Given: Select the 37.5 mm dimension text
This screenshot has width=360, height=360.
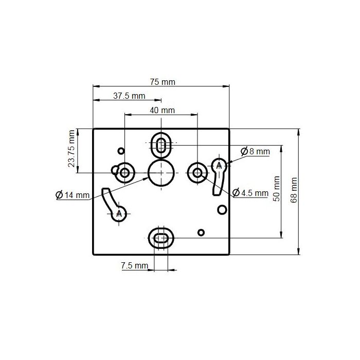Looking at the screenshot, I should coord(129,96).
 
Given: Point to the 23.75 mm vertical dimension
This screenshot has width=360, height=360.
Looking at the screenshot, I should coord(71,149).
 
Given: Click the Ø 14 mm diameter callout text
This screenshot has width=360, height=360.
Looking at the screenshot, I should coord(72,195).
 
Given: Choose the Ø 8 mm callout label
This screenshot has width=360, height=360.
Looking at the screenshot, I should coord(255,151).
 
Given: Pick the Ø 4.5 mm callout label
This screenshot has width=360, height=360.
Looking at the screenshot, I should coord(250,193).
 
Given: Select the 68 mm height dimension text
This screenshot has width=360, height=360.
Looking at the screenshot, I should coord(294,190).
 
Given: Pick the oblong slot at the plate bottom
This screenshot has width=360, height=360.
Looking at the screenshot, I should coord(161,238).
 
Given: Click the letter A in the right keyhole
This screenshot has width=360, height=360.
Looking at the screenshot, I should coord(219,166).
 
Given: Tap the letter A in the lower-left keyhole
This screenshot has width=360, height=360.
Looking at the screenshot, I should coord(120,213).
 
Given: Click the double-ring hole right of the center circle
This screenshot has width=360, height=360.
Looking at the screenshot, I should coord(197,172).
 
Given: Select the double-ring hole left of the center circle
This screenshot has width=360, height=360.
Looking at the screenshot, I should coord(125,172).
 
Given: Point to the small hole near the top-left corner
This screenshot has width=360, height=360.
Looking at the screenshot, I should coord(121,151).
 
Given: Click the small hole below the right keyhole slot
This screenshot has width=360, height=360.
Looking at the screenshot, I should coord(222,210).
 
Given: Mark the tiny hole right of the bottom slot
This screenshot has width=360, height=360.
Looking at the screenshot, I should coord(202,232).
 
